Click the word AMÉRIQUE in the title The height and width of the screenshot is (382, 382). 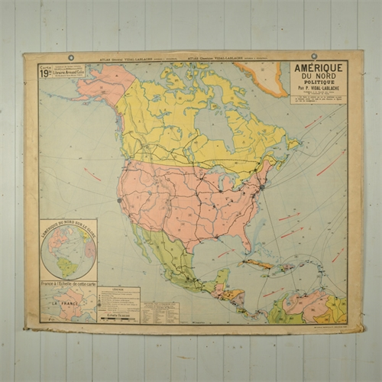318,67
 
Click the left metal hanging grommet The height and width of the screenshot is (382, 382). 70,57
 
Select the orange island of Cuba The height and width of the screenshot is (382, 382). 257,263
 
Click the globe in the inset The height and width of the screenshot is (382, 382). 68,249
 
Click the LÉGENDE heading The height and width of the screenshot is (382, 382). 118,290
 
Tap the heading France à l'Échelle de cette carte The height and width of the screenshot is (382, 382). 69,284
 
